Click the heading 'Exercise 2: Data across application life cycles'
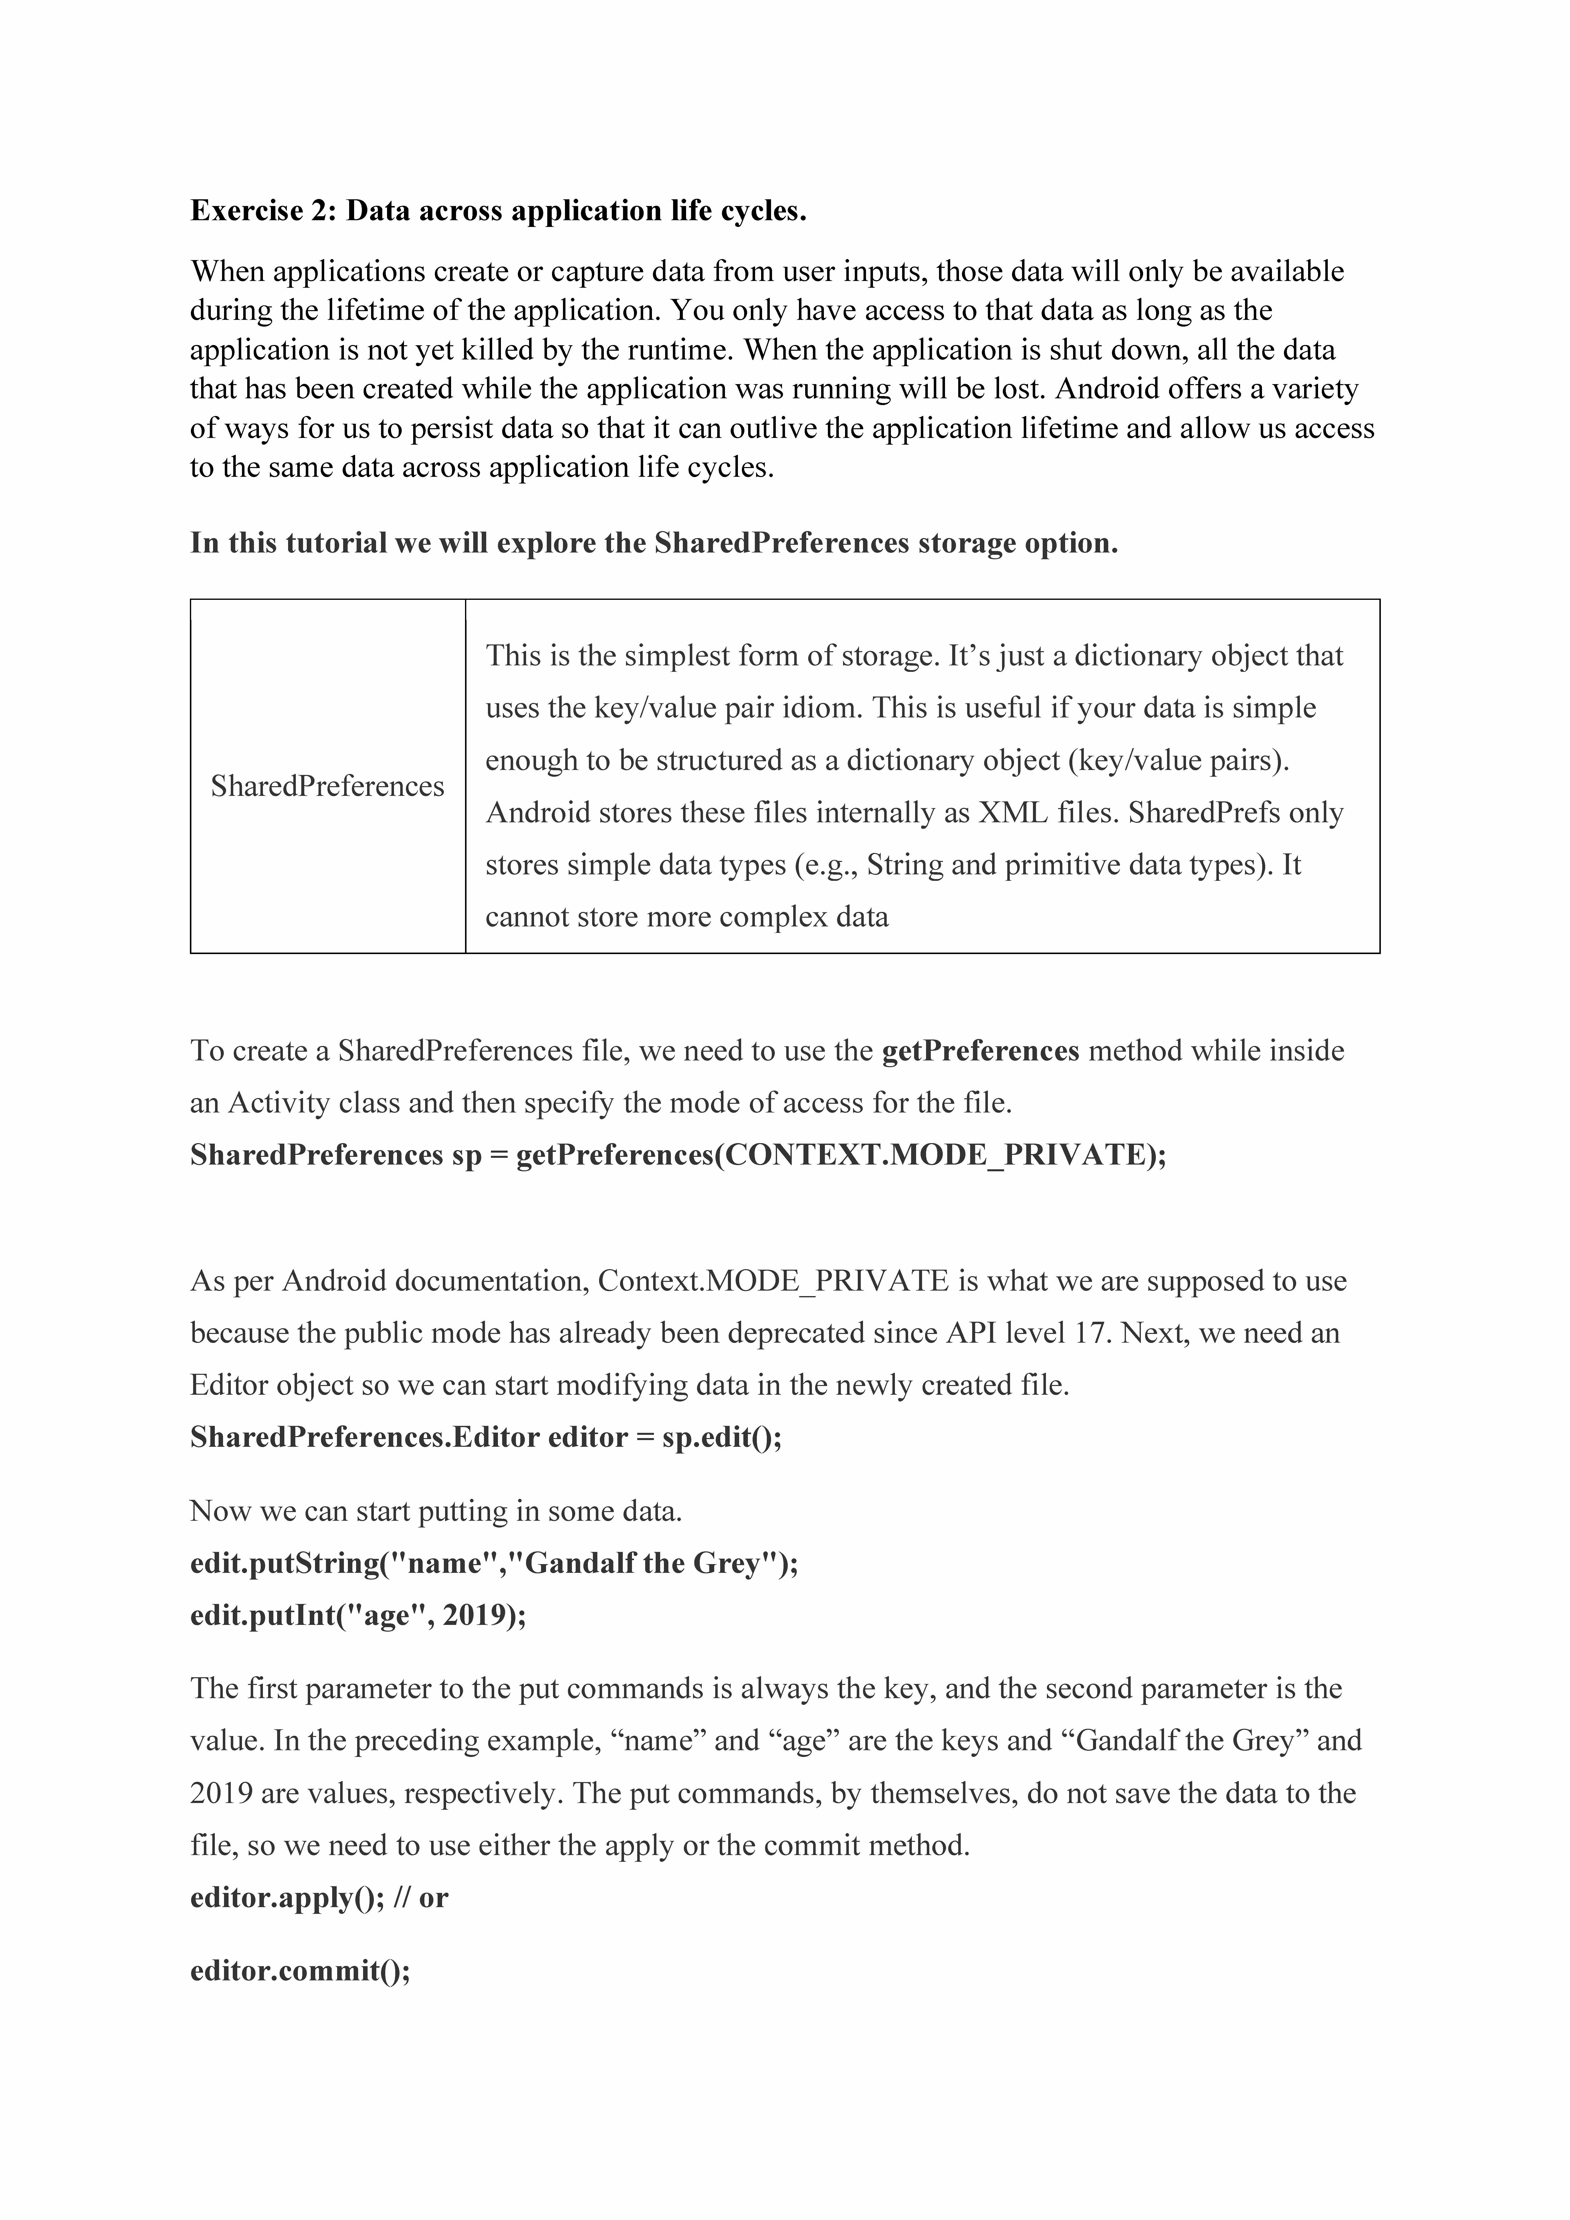pyautogui.click(x=498, y=211)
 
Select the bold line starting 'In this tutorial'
pyautogui.click(x=654, y=543)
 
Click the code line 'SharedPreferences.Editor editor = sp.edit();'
pyautogui.click(x=486, y=1438)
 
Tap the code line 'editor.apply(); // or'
pyautogui.click(x=319, y=1898)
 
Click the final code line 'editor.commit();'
pyautogui.click(x=300, y=1971)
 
